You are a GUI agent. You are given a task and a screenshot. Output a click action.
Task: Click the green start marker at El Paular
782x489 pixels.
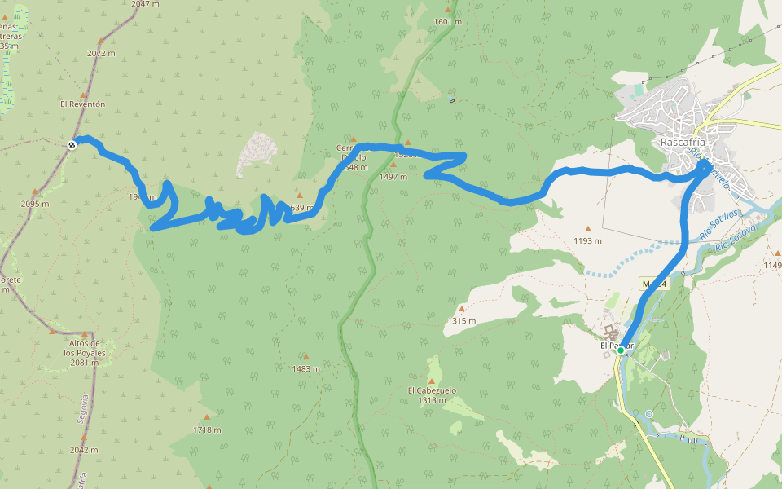621,350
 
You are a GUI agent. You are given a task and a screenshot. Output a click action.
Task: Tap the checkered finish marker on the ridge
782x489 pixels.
72,145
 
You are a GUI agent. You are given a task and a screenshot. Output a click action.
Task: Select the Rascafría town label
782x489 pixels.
682,141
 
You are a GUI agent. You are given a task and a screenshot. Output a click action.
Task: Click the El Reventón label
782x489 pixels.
82,104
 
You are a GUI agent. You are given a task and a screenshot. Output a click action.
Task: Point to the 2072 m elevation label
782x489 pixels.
101,53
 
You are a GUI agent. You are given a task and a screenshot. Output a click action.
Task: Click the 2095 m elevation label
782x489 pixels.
34,204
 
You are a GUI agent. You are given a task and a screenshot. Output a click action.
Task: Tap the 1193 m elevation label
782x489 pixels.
586,240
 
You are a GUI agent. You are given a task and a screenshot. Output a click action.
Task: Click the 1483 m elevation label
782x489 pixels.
305,369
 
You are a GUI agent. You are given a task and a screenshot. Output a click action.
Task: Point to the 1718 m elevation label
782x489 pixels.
206,430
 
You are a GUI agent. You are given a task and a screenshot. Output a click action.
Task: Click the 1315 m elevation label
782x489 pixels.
460,320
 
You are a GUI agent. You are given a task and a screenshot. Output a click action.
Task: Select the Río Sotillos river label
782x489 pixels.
718,224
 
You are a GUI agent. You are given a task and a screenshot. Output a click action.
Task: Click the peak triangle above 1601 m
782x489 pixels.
447,11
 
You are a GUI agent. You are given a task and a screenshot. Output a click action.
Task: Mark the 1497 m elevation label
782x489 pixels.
393,176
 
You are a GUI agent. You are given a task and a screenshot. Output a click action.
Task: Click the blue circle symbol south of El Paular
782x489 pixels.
648,414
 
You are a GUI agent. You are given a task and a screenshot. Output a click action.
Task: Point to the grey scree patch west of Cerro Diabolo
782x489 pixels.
258,153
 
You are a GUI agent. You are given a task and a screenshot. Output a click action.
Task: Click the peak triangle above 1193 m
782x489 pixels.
587,228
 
